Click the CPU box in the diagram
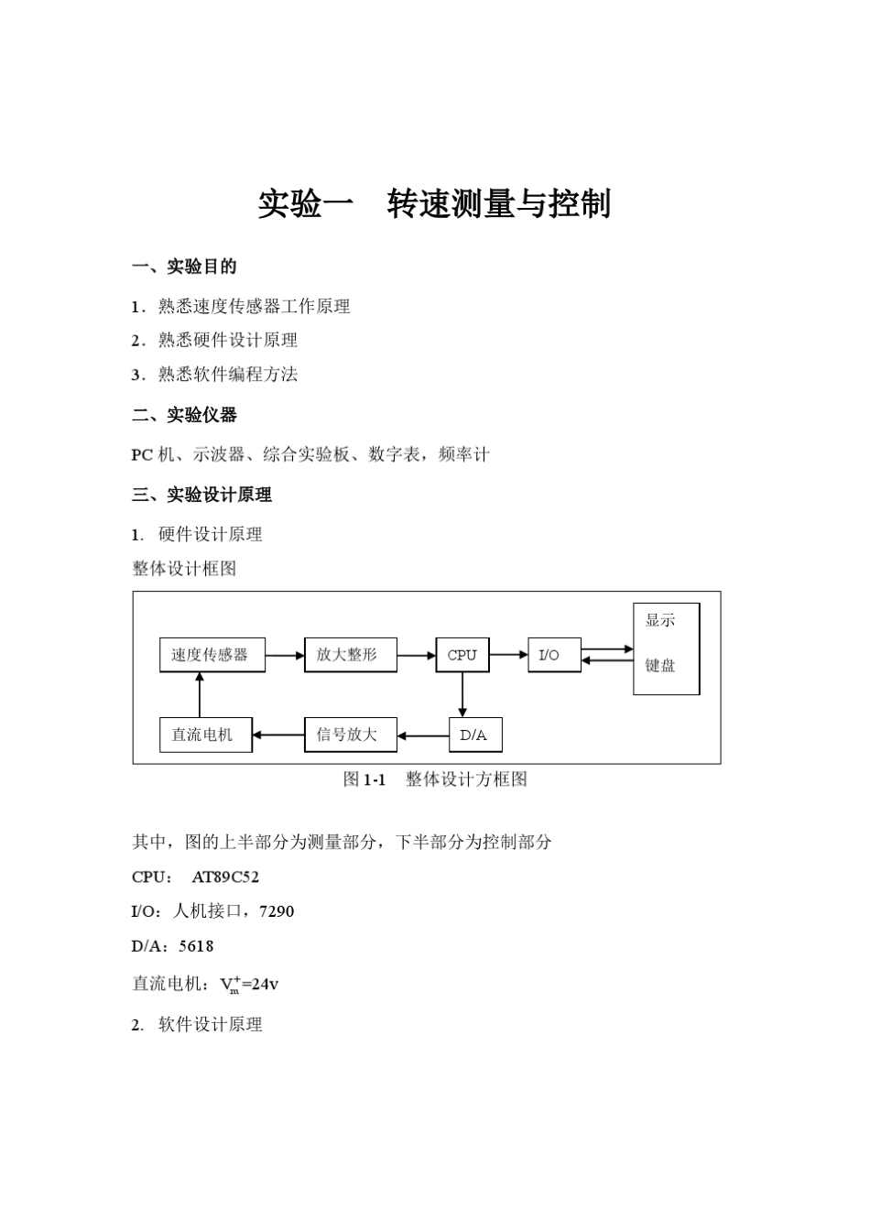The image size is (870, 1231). click(462, 655)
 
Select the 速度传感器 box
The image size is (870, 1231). click(212, 655)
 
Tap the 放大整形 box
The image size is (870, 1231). click(350, 655)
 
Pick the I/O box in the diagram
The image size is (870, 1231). click(554, 655)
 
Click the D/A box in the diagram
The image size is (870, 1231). click(474, 735)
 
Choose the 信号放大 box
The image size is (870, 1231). click(350, 735)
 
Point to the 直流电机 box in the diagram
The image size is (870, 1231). click(205, 735)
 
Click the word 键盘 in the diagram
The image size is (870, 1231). click(660, 666)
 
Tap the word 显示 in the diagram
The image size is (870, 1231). click(660, 620)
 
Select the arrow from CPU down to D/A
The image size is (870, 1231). click(462, 695)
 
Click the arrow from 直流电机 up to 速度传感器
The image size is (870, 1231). click(200, 695)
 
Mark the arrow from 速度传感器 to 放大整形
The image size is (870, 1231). click(285, 656)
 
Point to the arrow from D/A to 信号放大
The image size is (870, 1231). click(423, 735)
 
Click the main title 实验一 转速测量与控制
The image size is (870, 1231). click(434, 204)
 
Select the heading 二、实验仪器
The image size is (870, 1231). click(184, 415)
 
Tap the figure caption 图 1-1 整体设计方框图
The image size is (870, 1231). click(435, 779)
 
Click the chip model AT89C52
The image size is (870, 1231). click(225, 877)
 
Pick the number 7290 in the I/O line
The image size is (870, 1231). click(277, 911)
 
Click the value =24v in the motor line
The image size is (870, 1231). click(260, 985)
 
